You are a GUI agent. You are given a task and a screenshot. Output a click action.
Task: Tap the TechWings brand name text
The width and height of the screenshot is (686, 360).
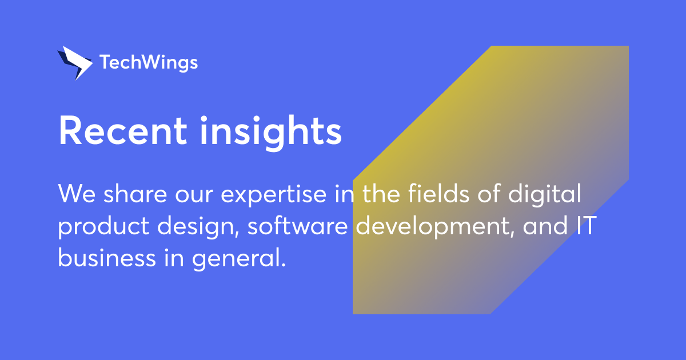tap(149, 62)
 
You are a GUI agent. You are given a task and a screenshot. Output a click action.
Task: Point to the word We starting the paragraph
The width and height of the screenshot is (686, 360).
tap(77, 195)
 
